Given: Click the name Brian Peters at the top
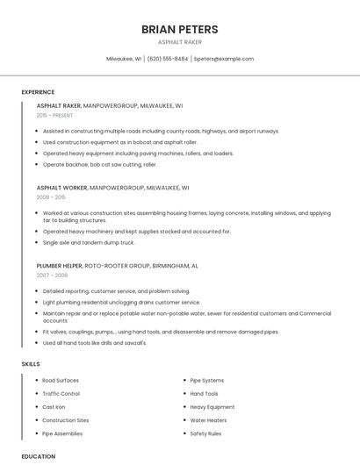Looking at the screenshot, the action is (180, 29).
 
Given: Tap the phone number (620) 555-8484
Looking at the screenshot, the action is (168, 59).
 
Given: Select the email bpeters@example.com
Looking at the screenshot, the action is (224, 59).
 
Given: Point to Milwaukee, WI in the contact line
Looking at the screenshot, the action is (124, 59).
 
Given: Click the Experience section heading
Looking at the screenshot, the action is (38, 92).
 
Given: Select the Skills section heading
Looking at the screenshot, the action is (31, 363).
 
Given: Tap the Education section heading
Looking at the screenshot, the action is (39, 456).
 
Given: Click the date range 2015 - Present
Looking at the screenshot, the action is (55, 115).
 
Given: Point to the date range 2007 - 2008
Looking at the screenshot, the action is (52, 275).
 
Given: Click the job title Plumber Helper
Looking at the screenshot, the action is (60, 265).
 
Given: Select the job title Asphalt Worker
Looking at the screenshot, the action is (61, 188).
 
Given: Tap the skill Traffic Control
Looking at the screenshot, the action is (61, 394).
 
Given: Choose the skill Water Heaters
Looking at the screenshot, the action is (209, 420).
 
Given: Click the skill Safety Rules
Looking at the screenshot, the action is (206, 433).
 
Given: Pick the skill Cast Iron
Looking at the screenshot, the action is (54, 407).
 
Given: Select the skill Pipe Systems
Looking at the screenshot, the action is (207, 380).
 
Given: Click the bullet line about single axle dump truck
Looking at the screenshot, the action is (89, 242).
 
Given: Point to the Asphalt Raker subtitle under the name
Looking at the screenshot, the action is (180, 42).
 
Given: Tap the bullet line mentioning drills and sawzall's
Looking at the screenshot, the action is (95, 342).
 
